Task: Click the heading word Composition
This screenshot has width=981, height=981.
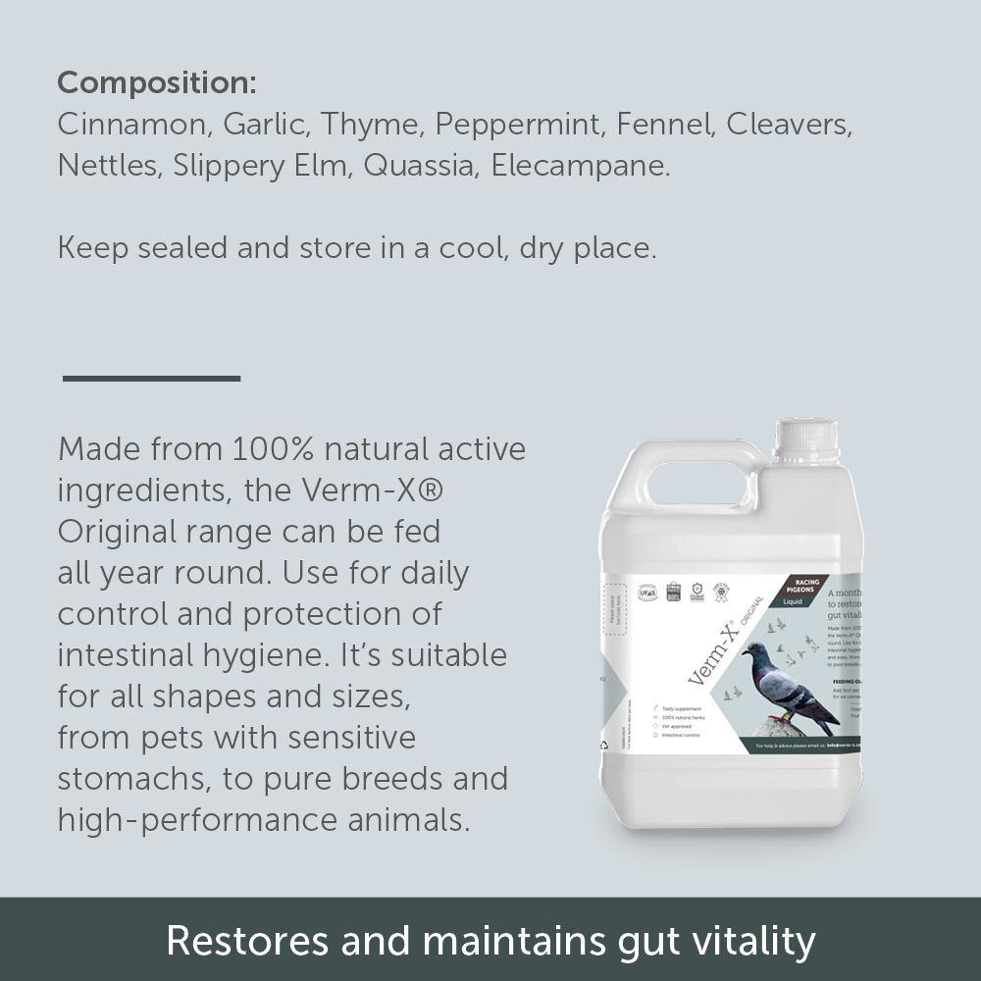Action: pyautogui.click(x=156, y=83)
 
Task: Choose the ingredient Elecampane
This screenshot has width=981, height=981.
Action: pyautogui.click(x=580, y=166)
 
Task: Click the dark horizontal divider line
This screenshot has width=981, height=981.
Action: pyautogui.click(x=151, y=378)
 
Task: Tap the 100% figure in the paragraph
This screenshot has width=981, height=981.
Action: pyautogui.click(x=272, y=449)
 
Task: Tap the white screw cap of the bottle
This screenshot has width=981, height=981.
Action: pyautogui.click(x=805, y=439)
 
